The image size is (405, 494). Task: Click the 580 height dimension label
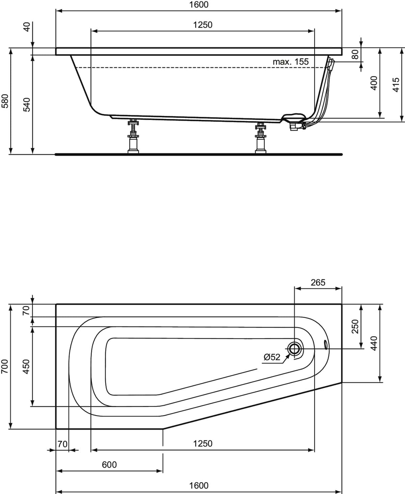point(5,101)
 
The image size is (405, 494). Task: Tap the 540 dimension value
point(27,105)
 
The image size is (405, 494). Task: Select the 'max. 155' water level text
point(291,62)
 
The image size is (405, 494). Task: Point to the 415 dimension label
point(396,85)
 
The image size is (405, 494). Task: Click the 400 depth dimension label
point(374,83)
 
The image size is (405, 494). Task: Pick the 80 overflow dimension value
point(356,54)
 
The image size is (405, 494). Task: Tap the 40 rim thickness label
point(27,27)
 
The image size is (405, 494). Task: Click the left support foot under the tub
point(133,136)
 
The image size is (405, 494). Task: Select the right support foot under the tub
point(261,138)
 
